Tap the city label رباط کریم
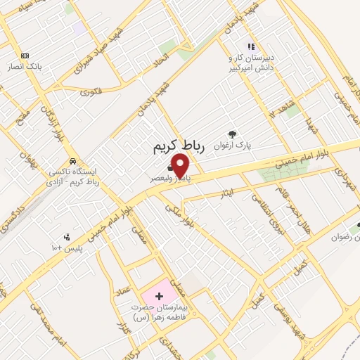(x=178, y=146)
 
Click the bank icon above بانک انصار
(x=25, y=56)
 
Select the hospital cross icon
(x=159, y=296)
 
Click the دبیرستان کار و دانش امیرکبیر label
(x=250, y=62)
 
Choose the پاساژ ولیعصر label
(x=166, y=179)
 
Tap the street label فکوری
(x=91, y=91)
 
